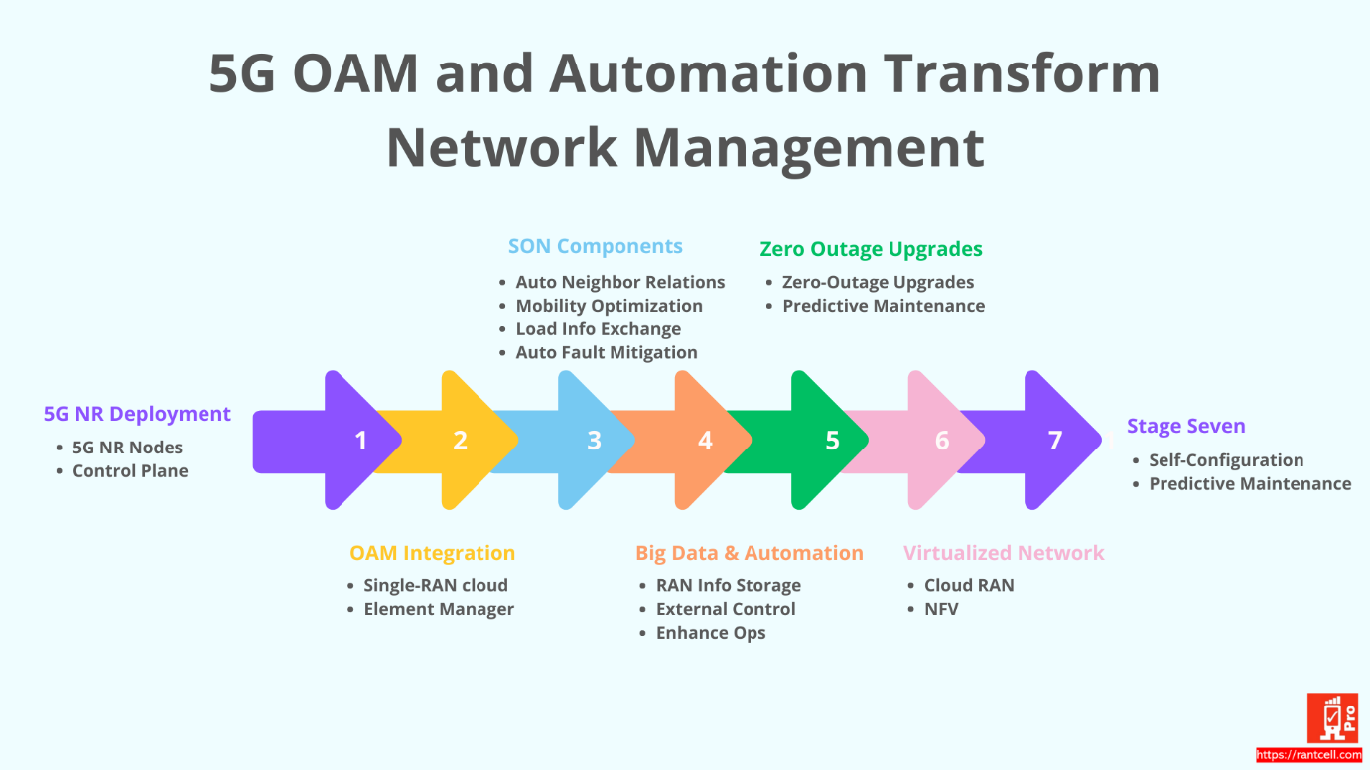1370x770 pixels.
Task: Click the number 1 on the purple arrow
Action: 361,440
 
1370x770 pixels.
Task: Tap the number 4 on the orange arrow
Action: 705,440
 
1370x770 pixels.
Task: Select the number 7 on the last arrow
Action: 1055,440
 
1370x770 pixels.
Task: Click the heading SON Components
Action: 596,246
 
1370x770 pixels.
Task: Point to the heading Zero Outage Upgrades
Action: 871,249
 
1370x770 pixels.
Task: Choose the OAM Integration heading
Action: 432,553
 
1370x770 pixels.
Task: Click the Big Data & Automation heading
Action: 749,553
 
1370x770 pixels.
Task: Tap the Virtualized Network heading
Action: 1004,553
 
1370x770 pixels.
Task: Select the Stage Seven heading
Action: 1185,426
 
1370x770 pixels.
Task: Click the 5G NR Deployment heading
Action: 137,414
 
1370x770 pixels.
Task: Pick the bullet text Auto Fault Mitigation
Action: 607,352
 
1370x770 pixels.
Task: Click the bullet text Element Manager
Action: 439,609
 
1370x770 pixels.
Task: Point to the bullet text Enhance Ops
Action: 711,633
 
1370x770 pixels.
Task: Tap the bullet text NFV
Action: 941,609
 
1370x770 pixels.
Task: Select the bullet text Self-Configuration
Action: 1226,460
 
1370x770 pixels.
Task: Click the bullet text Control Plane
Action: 130,471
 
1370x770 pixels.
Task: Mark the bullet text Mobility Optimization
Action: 609,306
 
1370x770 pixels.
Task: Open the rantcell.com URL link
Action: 1308,756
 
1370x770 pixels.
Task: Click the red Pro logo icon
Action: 1332,718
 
